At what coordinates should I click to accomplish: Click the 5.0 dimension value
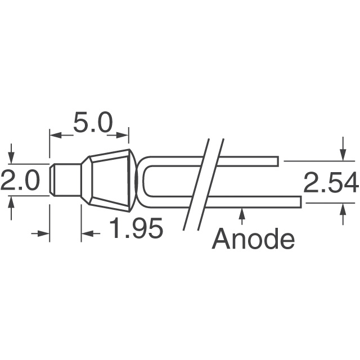(93, 123)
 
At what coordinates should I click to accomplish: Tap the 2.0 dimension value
(20, 182)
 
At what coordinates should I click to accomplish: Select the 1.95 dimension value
(136, 229)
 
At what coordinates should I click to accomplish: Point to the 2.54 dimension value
(331, 183)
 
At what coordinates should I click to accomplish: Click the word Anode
(253, 240)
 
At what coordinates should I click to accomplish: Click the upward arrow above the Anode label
(242, 213)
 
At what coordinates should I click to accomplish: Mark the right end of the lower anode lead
(299, 201)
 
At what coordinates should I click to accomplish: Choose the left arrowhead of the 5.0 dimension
(54, 134)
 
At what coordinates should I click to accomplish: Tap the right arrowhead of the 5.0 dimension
(124, 134)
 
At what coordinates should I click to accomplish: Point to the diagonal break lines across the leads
(204, 183)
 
